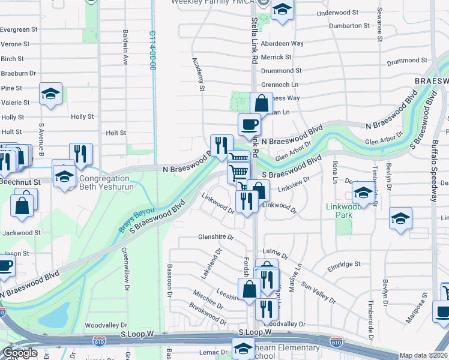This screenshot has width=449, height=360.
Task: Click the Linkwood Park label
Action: [339, 211]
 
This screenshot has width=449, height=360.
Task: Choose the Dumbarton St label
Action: [349, 26]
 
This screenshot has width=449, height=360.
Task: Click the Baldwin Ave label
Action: [125, 47]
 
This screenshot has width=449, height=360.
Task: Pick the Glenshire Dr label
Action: [216, 237]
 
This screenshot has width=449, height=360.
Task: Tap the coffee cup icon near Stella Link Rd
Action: [249, 124]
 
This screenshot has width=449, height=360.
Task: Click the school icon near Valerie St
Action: [51, 93]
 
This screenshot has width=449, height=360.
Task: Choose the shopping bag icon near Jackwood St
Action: [22, 205]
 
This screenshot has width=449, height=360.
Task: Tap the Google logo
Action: [20, 353]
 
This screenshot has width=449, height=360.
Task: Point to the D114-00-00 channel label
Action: [152, 51]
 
